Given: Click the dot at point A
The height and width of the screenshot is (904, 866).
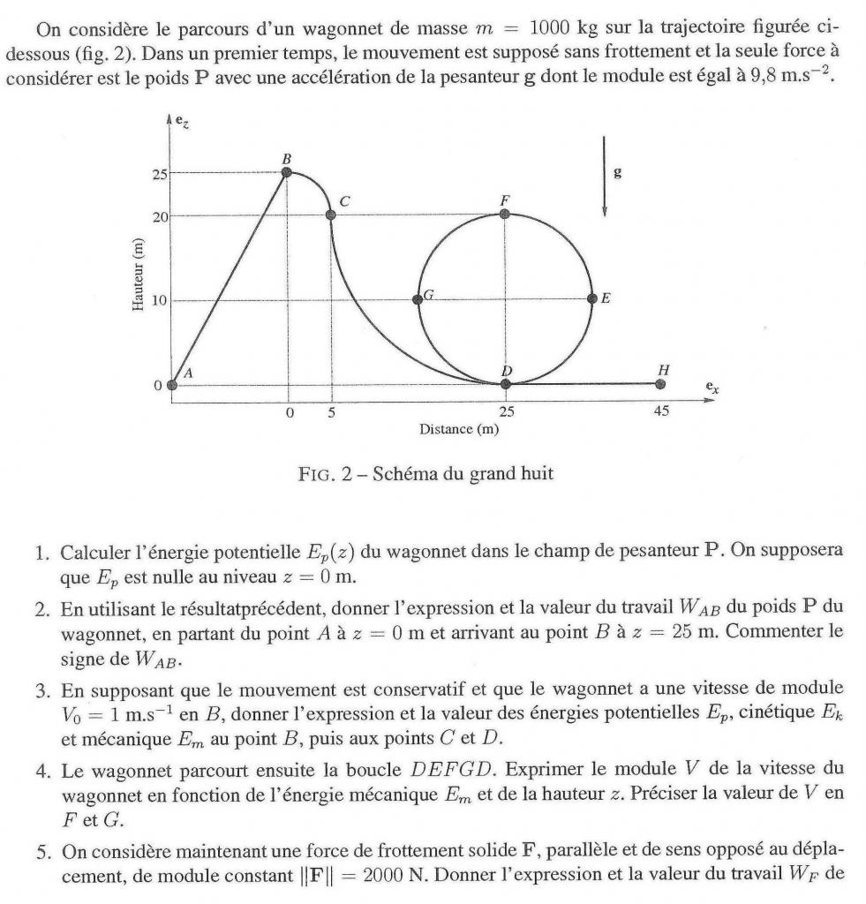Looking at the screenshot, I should pos(172,385).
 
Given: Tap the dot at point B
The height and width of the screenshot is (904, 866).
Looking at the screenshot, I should pos(287,171).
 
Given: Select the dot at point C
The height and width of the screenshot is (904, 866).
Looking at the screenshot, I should pos(331,215).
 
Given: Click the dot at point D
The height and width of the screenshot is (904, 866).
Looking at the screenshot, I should pos(506,384).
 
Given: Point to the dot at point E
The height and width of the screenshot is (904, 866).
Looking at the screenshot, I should pos(592,299).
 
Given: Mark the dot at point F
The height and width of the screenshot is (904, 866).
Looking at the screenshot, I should pos(505,214).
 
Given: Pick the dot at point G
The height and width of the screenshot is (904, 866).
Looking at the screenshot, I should pos(418,299).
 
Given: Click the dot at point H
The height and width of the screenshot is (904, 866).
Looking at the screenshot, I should pos(661,384).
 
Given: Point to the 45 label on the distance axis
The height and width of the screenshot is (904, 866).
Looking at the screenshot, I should pos(661,411).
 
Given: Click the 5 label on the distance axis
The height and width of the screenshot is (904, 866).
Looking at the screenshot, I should pos(331,411).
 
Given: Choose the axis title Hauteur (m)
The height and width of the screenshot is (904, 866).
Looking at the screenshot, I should pos(138,275).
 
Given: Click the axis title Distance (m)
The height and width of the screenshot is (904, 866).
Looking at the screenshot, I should pos(459,429).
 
